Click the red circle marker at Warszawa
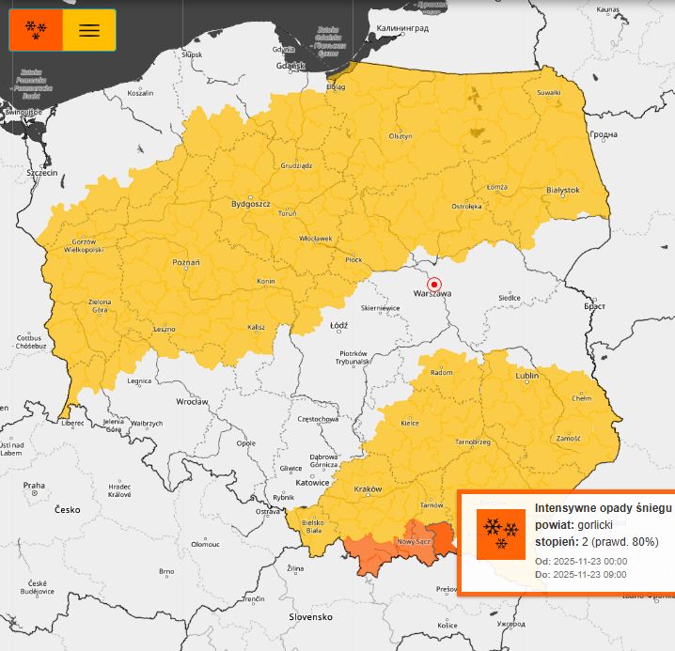click(433, 284)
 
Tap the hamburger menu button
click(89, 30)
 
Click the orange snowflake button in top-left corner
click(36, 30)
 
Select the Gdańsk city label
click(290, 66)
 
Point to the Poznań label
click(186, 263)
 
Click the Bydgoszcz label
click(251, 204)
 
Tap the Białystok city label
click(563, 190)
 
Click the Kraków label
click(368, 489)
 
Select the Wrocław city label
click(191, 401)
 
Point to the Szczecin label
click(42, 174)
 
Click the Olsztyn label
click(400, 136)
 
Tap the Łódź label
click(339, 326)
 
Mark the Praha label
click(34, 486)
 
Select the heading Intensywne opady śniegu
click(603, 508)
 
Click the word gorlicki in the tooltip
click(594, 525)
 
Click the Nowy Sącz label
click(414, 542)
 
